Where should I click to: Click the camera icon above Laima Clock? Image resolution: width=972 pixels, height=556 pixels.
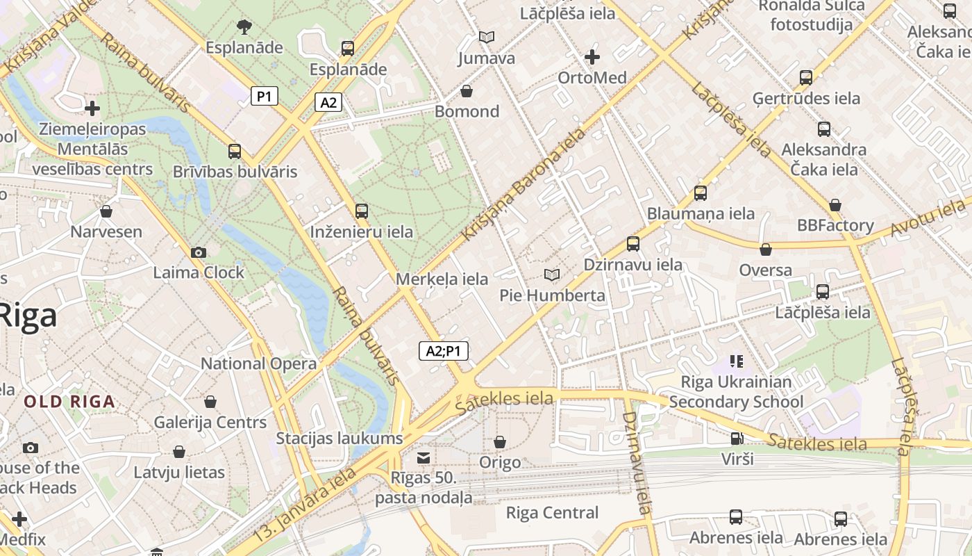tap(199, 252)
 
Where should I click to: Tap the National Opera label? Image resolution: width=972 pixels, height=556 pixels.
tap(258, 363)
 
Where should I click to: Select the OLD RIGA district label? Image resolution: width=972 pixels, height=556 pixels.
tap(69, 402)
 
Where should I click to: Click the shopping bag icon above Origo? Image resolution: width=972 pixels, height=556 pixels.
tap(499, 442)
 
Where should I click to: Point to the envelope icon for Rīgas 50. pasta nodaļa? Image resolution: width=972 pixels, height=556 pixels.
tap(423, 458)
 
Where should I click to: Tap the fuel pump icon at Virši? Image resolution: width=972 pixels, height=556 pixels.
tap(736, 439)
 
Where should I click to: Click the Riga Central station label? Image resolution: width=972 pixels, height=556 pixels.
tap(552, 513)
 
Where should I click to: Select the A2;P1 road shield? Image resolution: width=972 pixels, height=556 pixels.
tap(444, 351)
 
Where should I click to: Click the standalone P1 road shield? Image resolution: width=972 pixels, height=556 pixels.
tap(264, 96)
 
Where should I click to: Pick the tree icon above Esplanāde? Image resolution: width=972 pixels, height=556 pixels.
tap(244, 27)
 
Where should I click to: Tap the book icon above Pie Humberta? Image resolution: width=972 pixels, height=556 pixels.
tap(552, 275)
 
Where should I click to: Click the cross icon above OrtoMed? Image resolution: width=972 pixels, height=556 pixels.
tap(592, 56)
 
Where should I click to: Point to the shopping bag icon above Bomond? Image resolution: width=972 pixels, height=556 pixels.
tap(467, 91)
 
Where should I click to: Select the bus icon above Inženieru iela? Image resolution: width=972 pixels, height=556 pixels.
tap(361, 211)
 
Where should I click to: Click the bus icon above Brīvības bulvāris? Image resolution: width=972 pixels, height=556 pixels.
tap(235, 152)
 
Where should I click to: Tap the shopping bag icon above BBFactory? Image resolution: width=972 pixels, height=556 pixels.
tap(835, 205)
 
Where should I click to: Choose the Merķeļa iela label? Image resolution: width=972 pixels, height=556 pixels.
tap(442, 279)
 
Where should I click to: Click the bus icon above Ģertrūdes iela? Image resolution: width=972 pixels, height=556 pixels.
tap(805, 78)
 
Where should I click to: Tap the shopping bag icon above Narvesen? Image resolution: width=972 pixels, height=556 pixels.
tap(106, 211)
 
